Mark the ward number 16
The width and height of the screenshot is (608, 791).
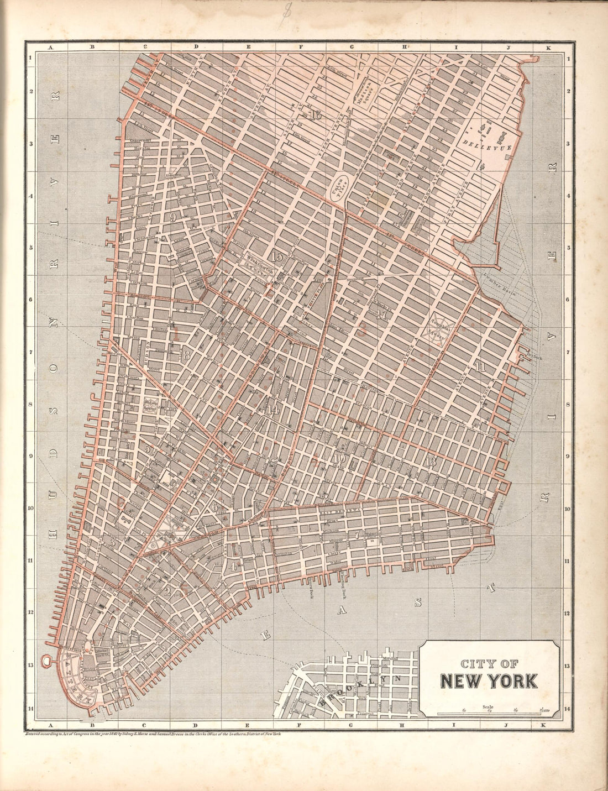316,116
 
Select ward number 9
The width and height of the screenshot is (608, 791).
174,217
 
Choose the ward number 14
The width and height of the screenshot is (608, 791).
272,410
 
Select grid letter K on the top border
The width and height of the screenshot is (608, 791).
548,48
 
